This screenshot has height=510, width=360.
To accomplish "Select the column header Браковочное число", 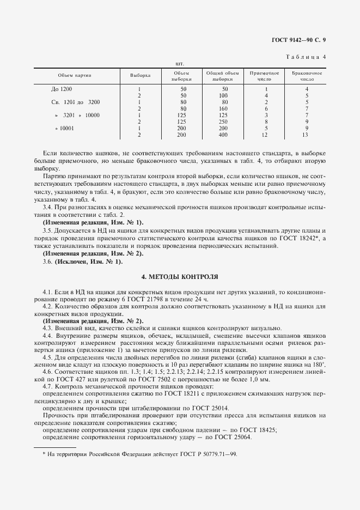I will (x=307, y=76).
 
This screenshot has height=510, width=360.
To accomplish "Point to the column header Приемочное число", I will (x=264, y=76).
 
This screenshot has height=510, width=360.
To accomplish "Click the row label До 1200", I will (x=61, y=89).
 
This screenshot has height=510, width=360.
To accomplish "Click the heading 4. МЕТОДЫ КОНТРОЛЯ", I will (x=180, y=277).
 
